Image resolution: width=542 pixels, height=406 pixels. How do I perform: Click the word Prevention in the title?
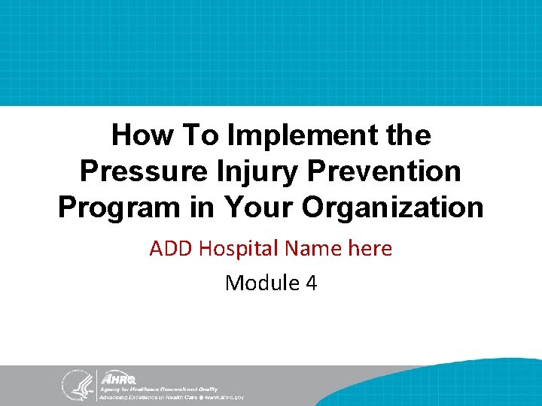[387, 171]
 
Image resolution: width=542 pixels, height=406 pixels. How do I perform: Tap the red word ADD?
[170, 248]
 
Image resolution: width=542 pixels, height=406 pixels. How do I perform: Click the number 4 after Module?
[311, 283]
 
